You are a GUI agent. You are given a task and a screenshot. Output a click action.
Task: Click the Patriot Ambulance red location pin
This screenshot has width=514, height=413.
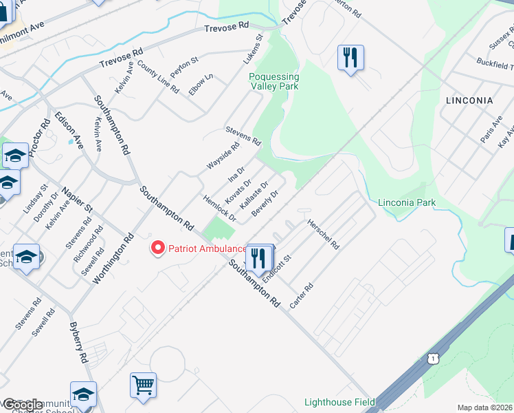tap(158, 248)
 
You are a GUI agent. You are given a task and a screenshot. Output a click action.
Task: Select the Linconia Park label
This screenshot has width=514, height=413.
tap(407, 203)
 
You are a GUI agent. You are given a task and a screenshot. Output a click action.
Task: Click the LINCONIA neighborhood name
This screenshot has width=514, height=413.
tap(469, 100)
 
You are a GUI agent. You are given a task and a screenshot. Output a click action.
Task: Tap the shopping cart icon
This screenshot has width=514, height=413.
tap(143, 387)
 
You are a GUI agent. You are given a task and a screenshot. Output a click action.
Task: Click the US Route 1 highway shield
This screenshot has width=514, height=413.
tap(432, 359)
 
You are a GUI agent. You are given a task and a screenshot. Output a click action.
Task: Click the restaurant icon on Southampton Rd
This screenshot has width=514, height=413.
tap(258, 258)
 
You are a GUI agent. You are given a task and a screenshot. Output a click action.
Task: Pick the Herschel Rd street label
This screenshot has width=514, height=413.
tap(324, 233)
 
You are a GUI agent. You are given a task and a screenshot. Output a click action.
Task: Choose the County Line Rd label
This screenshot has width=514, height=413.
tap(157, 77)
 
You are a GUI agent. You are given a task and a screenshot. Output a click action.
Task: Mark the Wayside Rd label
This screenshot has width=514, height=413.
tap(223, 158)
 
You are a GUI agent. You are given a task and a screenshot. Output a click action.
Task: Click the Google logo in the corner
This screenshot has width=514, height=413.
tap(23, 404)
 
